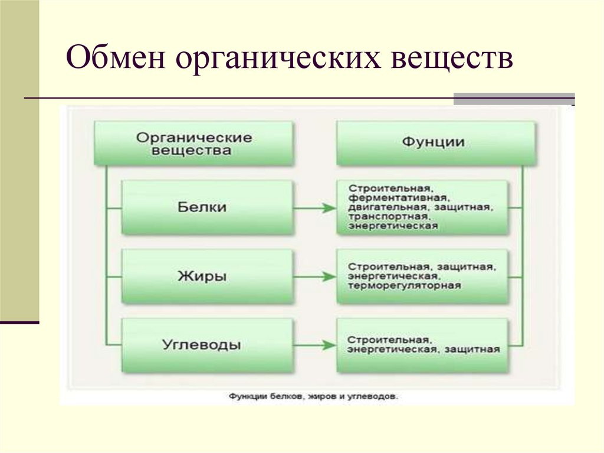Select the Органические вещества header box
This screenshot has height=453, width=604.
tap(194, 144)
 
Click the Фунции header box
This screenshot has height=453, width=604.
tap(436, 143)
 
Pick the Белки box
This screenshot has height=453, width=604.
tap(207, 207)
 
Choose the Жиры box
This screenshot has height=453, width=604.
tap(207, 276)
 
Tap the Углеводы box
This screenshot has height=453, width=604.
tap(207, 345)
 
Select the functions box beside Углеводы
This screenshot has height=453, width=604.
tap(422, 345)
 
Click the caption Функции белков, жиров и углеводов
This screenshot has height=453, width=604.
tap(313, 397)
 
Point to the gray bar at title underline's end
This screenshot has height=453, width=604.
tap(513, 99)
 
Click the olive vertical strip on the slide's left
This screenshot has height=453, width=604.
tap(19, 159)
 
